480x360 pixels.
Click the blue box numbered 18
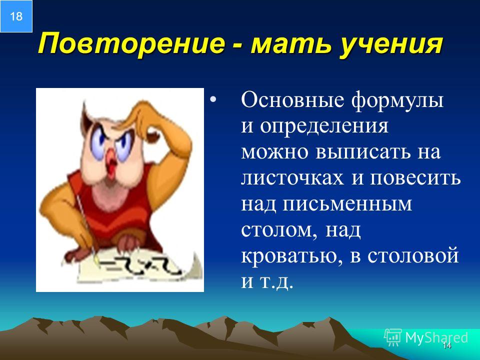point(16,16)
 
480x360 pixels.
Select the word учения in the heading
point(391,44)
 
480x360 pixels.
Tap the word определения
point(324,126)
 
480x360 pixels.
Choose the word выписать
point(363,151)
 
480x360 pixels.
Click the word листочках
point(292,177)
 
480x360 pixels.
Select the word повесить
point(415,177)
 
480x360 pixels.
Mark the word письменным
point(347,203)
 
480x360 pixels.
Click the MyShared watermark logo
point(426,337)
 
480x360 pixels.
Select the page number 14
point(446,345)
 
